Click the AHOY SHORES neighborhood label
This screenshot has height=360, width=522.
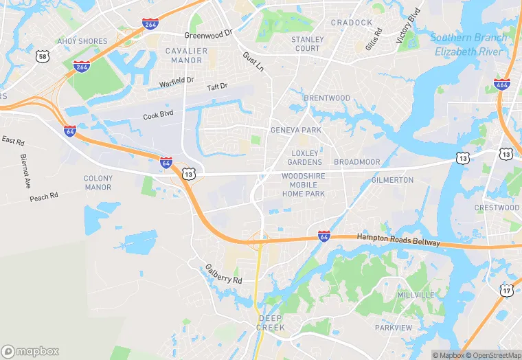[x=82, y=41]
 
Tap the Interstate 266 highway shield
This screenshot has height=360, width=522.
[x=151, y=24]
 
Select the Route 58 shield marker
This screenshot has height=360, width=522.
[x=43, y=56]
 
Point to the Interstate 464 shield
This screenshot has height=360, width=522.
[x=501, y=85]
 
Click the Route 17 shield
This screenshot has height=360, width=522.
[x=507, y=292]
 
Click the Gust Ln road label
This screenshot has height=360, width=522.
[x=253, y=60]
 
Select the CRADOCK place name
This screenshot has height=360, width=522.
[x=351, y=23]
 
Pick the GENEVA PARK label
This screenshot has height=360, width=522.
[x=296, y=130]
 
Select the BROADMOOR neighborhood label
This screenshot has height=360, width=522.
[x=356, y=162]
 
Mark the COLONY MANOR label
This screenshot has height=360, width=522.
[x=98, y=183]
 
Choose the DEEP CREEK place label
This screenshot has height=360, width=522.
[x=271, y=323]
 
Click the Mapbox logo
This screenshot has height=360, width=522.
[x=30, y=351]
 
